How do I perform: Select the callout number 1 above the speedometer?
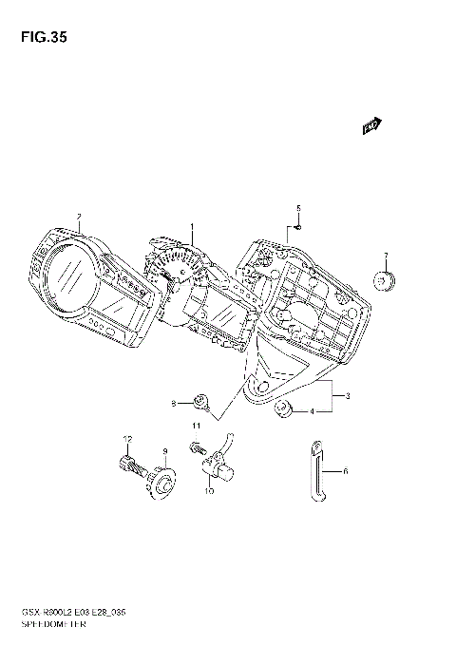191,227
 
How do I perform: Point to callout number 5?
297,208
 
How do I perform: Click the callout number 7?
386,256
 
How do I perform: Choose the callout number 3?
349,394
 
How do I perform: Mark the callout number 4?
311,411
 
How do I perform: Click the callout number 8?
174,403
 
